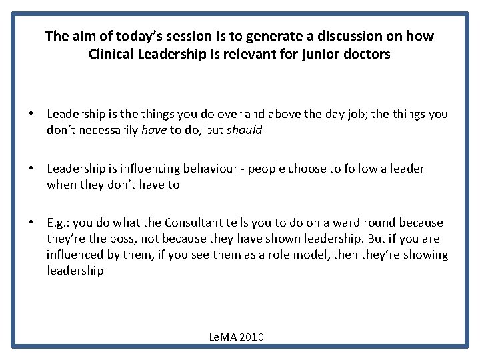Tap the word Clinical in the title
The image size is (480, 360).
point(113,54)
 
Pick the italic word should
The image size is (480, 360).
point(245,131)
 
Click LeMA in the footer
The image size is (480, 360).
point(223,337)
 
